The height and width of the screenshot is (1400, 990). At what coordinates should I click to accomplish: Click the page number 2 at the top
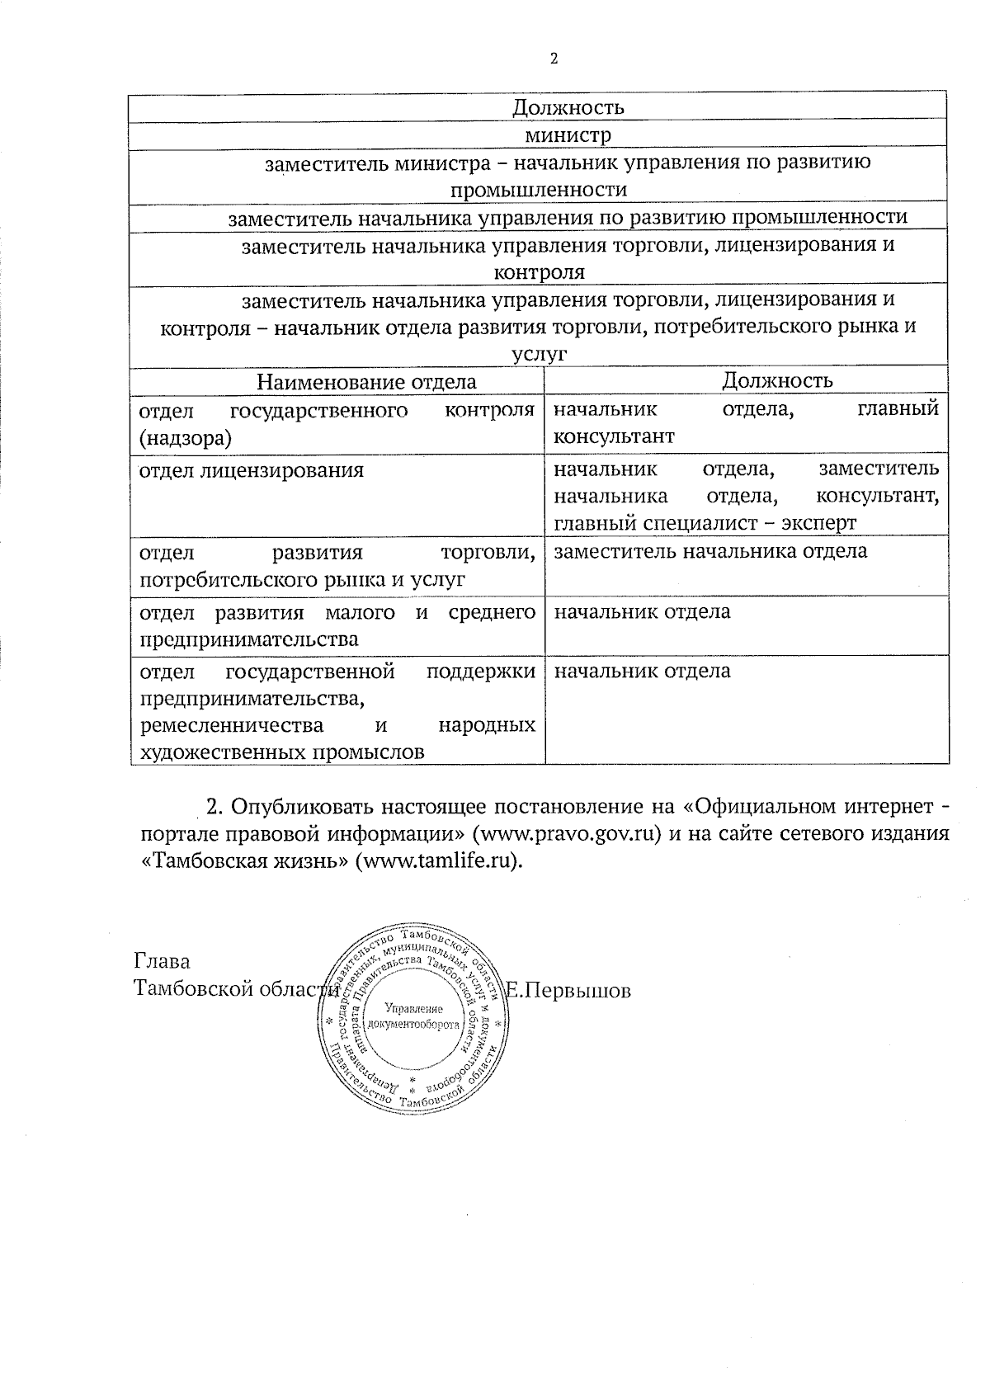pyautogui.click(x=554, y=59)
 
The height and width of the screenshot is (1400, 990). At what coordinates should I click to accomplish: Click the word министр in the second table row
pyautogui.click(x=568, y=134)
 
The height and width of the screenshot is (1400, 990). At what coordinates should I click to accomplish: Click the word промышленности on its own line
pyautogui.click(x=538, y=190)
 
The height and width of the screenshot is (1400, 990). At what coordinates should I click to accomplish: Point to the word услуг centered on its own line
pyautogui.click(x=540, y=354)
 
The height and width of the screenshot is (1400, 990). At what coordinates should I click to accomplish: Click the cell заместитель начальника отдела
pyautogui.click(x=710, y=550)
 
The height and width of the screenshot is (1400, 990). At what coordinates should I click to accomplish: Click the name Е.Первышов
pyautogui.click(x=568, y=990)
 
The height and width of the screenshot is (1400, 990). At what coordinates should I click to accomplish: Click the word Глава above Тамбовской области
pyautogui.click(x=162, y=961)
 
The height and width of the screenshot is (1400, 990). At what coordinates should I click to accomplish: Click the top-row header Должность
pyautogui.click(x=568, y=107)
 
